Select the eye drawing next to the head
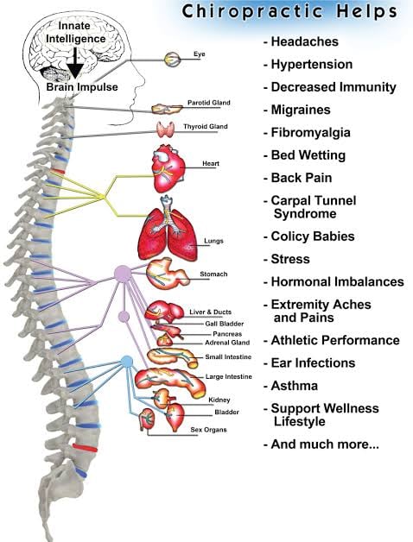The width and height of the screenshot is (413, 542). [x=173, y=59]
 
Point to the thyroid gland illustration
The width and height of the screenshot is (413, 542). [x=167, y=129]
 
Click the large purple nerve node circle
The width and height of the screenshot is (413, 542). [x=123, y=274]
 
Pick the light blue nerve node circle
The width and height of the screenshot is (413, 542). [x=127, y=361]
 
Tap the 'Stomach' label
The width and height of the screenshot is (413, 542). [x=213, y=274]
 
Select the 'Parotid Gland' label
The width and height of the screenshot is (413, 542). [x=207, y=104]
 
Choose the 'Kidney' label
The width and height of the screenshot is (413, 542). [x=219, y=400]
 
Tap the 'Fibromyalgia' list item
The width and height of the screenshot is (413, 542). [x=308, y=133]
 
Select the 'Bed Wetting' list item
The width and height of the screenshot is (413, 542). [x=308, y=155]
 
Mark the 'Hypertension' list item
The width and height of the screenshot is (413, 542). [x=311, y=65]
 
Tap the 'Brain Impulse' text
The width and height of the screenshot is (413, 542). [x=81, y=87]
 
